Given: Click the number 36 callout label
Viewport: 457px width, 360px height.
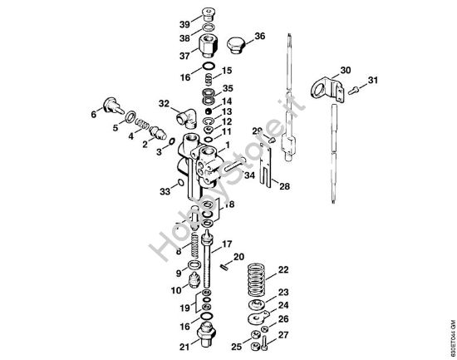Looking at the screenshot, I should coord(259,36).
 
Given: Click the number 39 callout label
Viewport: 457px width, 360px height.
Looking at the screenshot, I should coord(184,23).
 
